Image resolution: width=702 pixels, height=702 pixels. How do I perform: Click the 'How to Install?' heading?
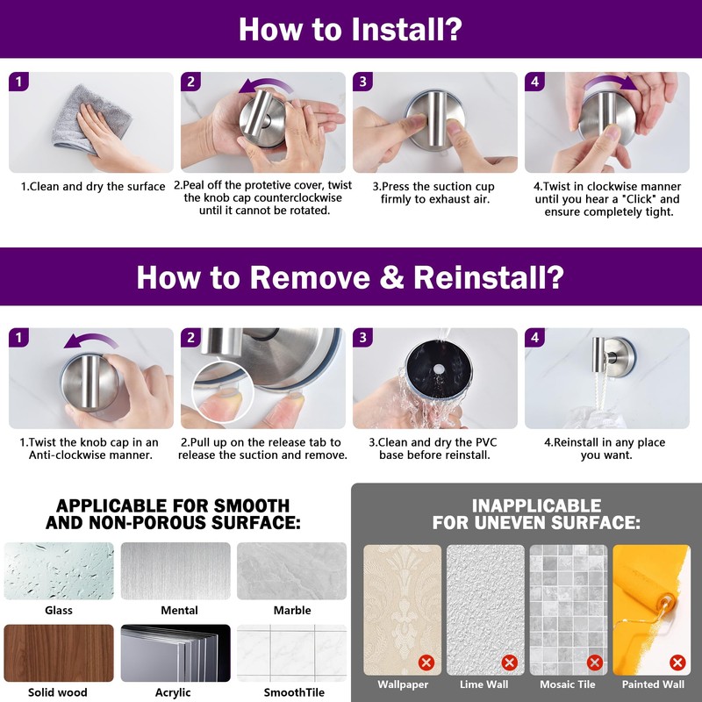(350, 29)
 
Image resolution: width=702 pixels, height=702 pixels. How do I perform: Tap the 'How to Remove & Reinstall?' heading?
(350, 277)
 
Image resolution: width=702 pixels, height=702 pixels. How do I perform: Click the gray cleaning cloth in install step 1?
(90, 118)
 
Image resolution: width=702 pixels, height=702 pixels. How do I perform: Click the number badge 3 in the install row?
(362, 82)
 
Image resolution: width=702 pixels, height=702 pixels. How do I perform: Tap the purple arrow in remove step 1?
(91, 340)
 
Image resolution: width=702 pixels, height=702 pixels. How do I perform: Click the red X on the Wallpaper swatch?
(426, 663)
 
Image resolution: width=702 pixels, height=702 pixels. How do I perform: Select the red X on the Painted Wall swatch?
(677, 663)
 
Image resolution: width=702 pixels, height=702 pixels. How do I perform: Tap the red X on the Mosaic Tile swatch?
(595, 663)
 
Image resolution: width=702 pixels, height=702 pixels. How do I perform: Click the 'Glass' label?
(59, 610)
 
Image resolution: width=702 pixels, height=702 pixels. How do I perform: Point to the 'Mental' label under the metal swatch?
(180, 610)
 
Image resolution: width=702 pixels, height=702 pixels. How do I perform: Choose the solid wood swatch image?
(59, 653)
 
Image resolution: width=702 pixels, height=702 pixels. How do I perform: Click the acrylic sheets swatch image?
(175, 653)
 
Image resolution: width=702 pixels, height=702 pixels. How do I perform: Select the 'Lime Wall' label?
(484, 684)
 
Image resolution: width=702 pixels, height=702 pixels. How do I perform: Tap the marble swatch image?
(292, 571)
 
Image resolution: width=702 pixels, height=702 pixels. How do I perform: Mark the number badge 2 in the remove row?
(190, 338)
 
